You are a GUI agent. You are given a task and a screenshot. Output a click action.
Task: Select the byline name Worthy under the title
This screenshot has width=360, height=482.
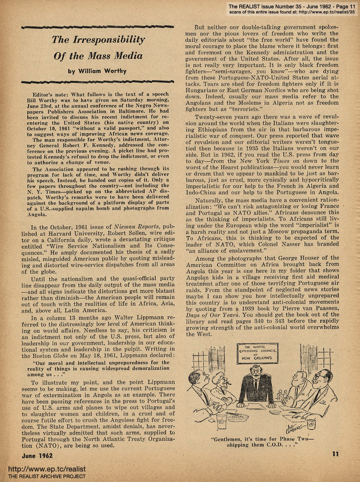113,71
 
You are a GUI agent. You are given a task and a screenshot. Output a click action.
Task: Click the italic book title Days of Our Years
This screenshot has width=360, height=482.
220,315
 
